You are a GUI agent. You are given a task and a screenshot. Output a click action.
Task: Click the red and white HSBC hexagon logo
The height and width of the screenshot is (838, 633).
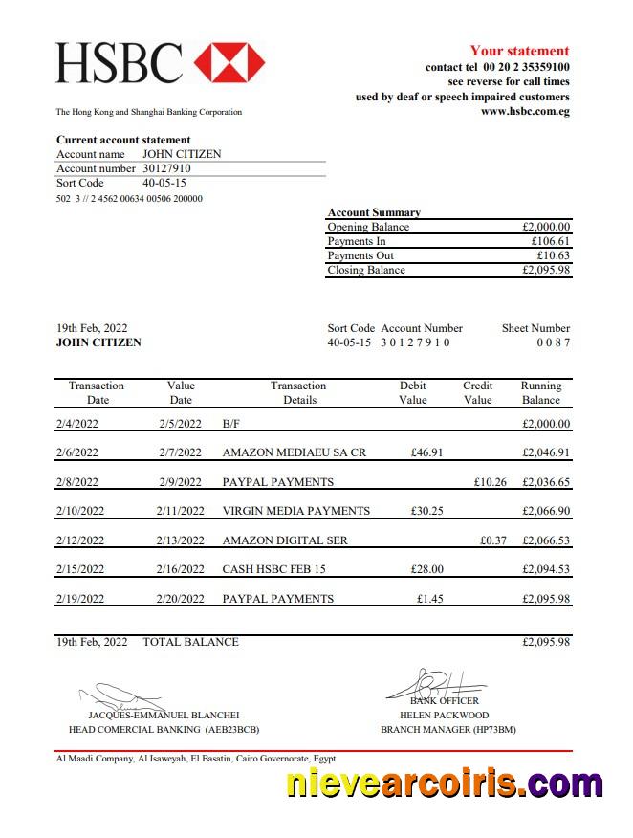tap(229, 62)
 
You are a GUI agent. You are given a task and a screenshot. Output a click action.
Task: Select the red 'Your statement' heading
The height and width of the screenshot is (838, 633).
tap(519, 51)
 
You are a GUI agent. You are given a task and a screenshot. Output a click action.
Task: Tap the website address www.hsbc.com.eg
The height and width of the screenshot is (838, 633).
tap(525, 111)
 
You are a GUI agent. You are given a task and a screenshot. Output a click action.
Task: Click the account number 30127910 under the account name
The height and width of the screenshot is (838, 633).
tap(166, 168)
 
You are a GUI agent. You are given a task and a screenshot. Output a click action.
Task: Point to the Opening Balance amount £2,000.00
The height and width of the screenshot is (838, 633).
tap(546, 227)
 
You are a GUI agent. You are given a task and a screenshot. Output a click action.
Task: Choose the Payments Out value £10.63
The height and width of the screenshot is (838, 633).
tap(554, 255)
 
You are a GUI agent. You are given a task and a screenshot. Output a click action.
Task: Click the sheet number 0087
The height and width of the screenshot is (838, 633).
tap(553, 342)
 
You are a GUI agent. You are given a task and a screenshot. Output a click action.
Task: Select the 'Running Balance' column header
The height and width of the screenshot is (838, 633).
tap(540, 392)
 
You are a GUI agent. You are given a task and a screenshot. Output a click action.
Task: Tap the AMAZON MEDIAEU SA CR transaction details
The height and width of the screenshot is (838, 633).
tap(294, 452)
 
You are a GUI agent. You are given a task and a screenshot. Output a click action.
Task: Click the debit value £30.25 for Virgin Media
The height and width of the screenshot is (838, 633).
tap(426, 511)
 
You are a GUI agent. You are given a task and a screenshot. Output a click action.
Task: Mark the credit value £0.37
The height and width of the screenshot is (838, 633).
tap(493, 540)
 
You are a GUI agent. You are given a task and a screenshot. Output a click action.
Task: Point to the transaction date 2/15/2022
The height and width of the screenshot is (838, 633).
tap(80, 569)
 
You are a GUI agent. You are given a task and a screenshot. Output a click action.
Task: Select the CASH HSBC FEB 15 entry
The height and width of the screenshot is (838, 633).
tap(273, 569)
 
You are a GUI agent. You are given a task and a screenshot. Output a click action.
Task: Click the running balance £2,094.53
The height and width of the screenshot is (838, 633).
tap(546, 569)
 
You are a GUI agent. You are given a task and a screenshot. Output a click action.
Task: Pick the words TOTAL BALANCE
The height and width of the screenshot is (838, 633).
tap(190, 642)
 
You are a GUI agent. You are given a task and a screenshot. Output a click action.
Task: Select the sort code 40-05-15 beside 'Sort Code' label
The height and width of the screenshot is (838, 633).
tap(164, 183)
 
